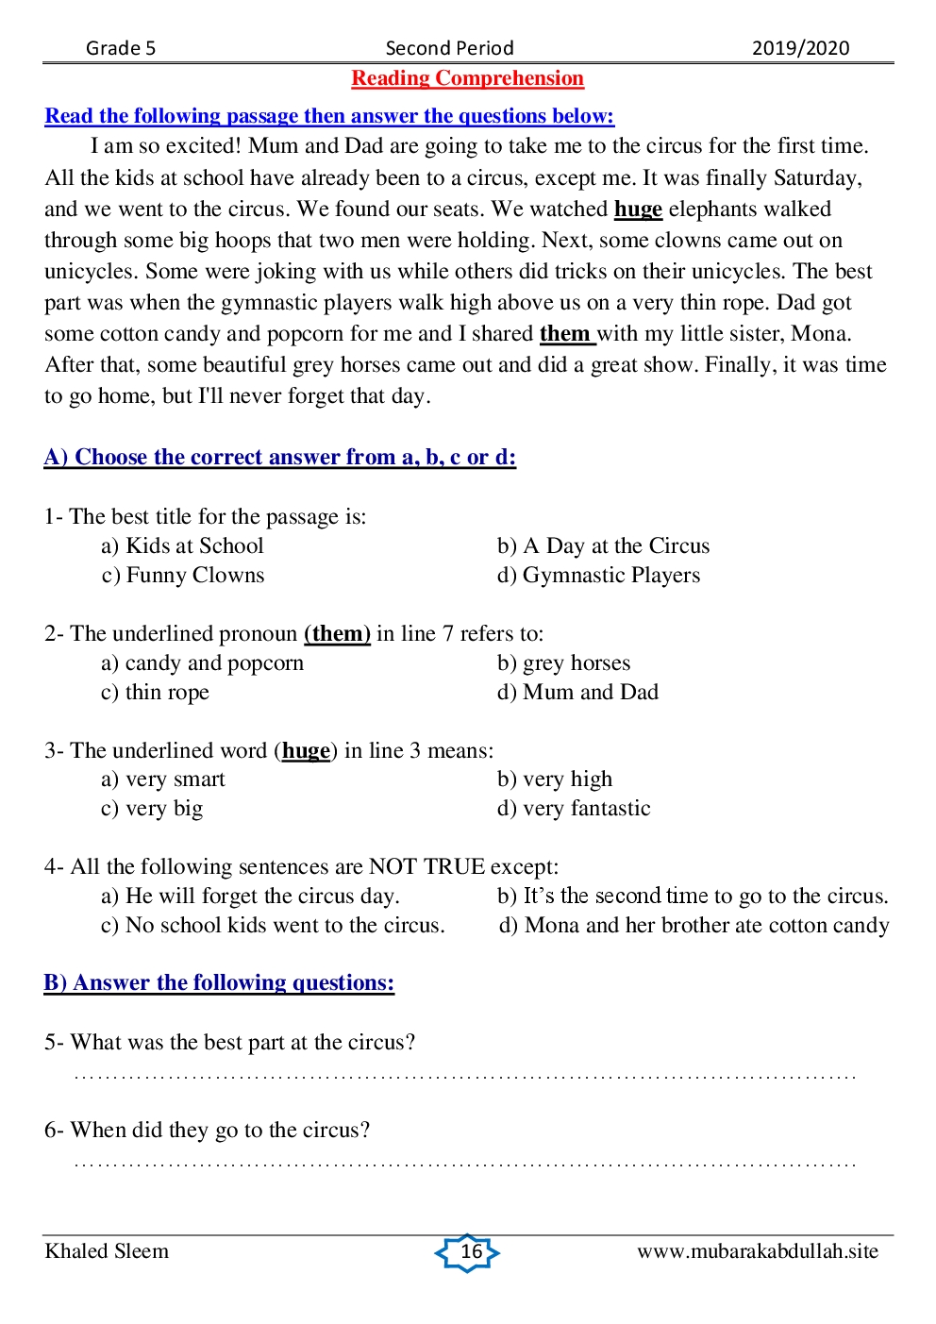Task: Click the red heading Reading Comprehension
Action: tap(467, 78)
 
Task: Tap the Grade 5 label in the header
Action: tap(121, 48)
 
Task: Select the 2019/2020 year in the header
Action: tap(800, 48)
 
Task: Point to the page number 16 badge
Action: tap(469, 1252)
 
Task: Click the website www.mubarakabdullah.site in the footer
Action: tap(757, 1251)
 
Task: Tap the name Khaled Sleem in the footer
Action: tap(107, 1251)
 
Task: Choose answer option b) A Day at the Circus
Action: tap(604, 546)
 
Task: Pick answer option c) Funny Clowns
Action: tap(183, 576)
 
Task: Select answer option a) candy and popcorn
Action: tap(203, 663)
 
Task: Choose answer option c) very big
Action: tap(152, 809)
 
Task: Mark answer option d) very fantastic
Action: tap(574, 809)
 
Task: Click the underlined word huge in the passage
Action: tap(638, 209)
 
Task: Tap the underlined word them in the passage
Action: tap(565, 334)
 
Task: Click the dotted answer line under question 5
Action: tap(464, 1076)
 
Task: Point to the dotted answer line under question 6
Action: tap(464, 1164)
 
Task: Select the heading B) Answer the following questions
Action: tap(219, 983)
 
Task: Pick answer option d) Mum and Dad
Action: tap(578, 693)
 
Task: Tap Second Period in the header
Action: tap(449, 48)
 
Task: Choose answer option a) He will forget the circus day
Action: tap(250, 897)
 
